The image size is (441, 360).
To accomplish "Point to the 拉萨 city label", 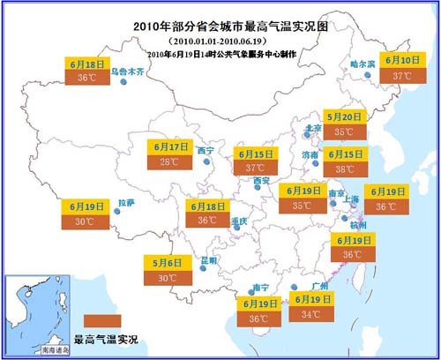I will coord(126,203).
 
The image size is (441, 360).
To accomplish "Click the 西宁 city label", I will coord(206,151).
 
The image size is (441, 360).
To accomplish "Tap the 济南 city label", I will coord(310,154).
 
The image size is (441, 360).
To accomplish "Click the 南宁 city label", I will coord(260,288).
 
